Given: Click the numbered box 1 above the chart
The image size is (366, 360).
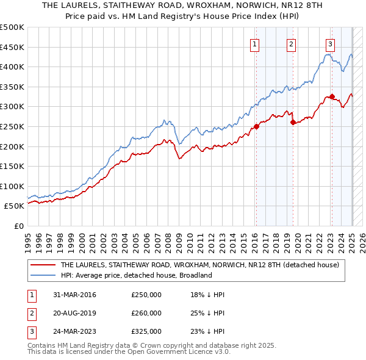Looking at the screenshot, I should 254,44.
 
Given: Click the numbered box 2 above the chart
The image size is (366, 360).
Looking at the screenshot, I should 292,44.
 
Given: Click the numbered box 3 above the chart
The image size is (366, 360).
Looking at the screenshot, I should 330,44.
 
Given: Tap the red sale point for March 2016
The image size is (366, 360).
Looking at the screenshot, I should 256,127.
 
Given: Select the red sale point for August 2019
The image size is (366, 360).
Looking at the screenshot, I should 293,123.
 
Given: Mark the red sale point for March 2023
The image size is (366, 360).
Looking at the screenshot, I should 332,96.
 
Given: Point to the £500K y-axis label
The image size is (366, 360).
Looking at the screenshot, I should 12,27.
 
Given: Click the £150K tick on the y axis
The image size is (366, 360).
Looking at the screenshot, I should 12,166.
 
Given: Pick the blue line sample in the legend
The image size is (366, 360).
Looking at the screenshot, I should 43,275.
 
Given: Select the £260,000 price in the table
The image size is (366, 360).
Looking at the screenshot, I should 146,313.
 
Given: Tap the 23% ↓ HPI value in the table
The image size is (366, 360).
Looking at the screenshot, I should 207,331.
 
